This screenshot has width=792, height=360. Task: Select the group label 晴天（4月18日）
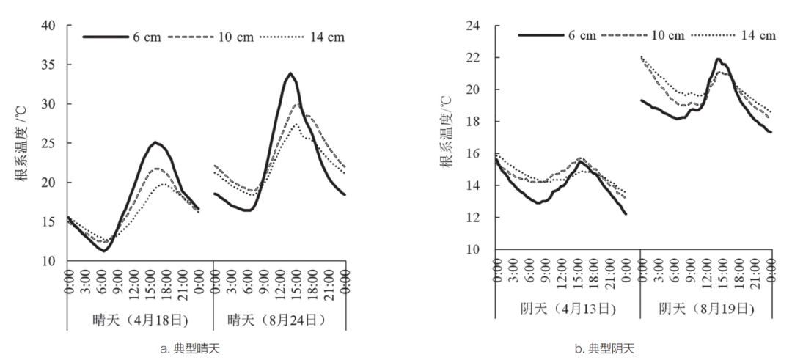[x=139, y=320]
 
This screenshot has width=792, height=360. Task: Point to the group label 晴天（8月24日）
[x=279, y=320]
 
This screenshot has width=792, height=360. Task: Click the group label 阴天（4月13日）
[x=567, y=309]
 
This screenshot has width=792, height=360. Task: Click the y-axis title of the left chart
[x=22, y=144]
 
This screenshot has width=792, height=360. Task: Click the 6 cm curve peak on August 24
[x=291, y=73]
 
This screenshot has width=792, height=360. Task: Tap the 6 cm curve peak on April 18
[x=155, y=142]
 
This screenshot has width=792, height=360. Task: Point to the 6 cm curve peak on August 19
[x=719, y=59]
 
